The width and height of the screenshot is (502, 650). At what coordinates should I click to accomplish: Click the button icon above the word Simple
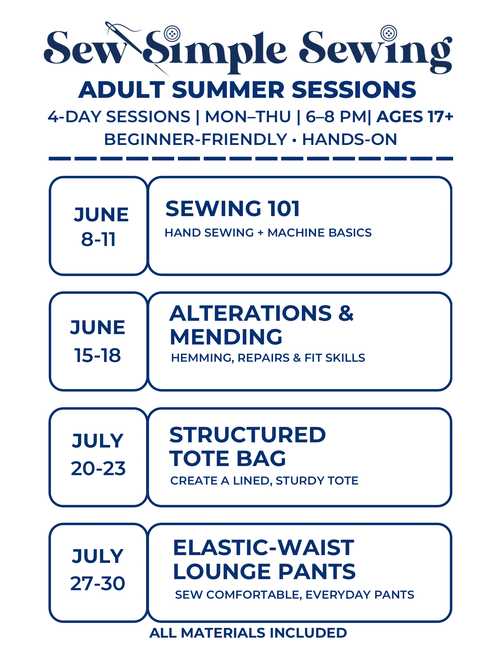pyautogui.click(x=172, y=33)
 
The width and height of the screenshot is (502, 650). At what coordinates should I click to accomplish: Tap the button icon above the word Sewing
pyautogui.click(x=389, y=33)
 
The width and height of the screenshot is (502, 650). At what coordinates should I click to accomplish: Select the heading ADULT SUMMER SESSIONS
pyautogui.click(x=247, y=90)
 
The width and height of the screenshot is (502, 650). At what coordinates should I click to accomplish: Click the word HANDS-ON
pyautogui.click(x=349, y=140)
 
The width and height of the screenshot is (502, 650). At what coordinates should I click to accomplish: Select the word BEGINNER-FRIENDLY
pyautogui.click(x=195, y=140)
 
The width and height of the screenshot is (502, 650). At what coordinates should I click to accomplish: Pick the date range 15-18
pyautogui.click(x=98, y=355)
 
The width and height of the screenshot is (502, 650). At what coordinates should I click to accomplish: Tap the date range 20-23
pyautogui.click(x=98, y=469)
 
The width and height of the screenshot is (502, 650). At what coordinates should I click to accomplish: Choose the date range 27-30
pyautogui.click(x=98, y=584)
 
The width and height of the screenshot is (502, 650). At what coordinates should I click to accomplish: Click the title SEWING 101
pyautogui.click(x=232, y=209)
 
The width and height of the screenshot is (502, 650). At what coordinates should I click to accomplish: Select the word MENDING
pyautogui.click(x=226, y=337)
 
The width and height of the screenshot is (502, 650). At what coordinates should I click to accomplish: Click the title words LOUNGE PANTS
pyautogui.click(x=264, y=572)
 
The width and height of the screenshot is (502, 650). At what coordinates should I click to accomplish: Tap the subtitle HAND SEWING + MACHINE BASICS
pyautogui.click(x=268, y=233)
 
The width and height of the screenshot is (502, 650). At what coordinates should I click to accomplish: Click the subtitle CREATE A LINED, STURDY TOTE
pyautogui.click(x=264, y=481)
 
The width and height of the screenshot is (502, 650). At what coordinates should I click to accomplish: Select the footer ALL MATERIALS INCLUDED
pyautogui.click(x=248, y=633)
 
